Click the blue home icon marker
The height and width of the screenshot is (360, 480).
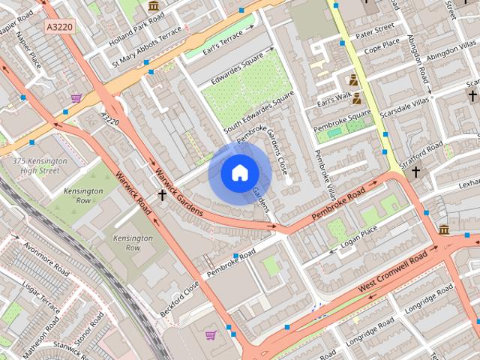pyautogui.click(x=239, y=172)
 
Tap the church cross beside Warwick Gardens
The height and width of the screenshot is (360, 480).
pyautogui.click(x=162, y=195)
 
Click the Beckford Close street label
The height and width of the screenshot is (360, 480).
pyautogui.click(x=180, y=298)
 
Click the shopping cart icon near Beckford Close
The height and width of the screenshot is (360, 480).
pyautogui.click(x=211, y=334)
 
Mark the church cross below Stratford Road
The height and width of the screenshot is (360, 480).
pyautogui.click(x=415, y=172)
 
